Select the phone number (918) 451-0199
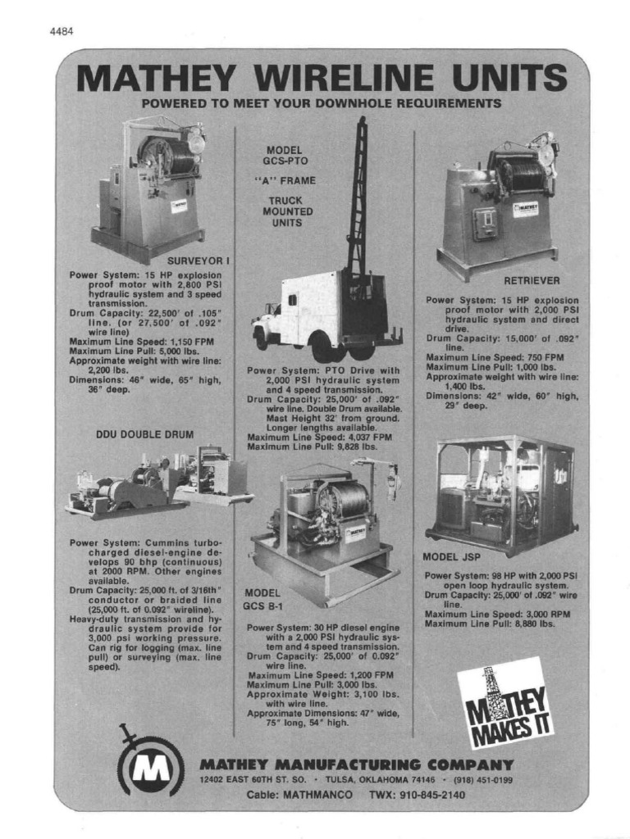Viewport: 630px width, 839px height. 483,780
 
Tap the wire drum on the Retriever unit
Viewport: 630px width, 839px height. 523,175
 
